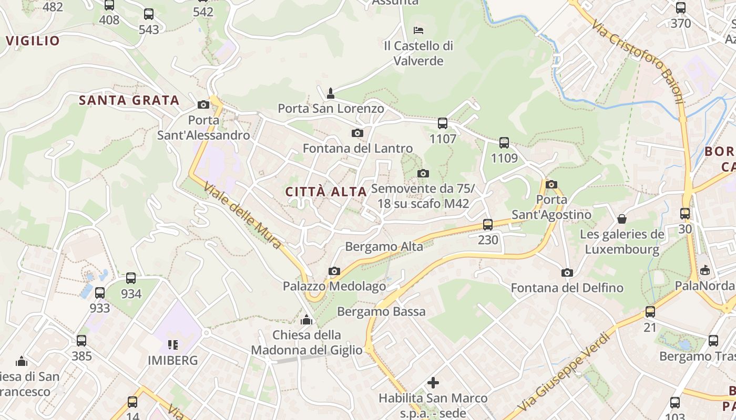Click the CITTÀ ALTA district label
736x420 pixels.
click(x=326, y=192)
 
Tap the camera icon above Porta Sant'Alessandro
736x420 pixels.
click(x=203, y=105)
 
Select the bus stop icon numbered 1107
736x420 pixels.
click(x=443, y=123)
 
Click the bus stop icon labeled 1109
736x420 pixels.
click(x=504, y=142)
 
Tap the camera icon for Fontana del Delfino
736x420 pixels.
click(x=567, y=272)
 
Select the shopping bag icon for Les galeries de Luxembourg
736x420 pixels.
click(x=622, y=218)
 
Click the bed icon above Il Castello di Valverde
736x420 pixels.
click(x=418, y=29)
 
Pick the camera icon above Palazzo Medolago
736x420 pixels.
click(x=334, y=271)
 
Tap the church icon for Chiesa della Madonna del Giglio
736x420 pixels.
click(x=306, y=319)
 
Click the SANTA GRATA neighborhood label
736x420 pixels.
click(x=129, y=100)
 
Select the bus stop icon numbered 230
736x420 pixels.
click(x=488, y=224)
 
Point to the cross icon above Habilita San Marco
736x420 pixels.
click(x=433, y=383)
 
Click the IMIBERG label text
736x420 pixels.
click(x=173, y=361)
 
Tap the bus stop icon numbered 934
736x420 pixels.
click(x=131, y=278)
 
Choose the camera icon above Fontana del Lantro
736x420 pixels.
click(x=357, y=133)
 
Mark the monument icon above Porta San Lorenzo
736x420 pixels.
click(x=331, y=93)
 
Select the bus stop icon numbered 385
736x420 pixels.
click(x=81, y=340)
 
